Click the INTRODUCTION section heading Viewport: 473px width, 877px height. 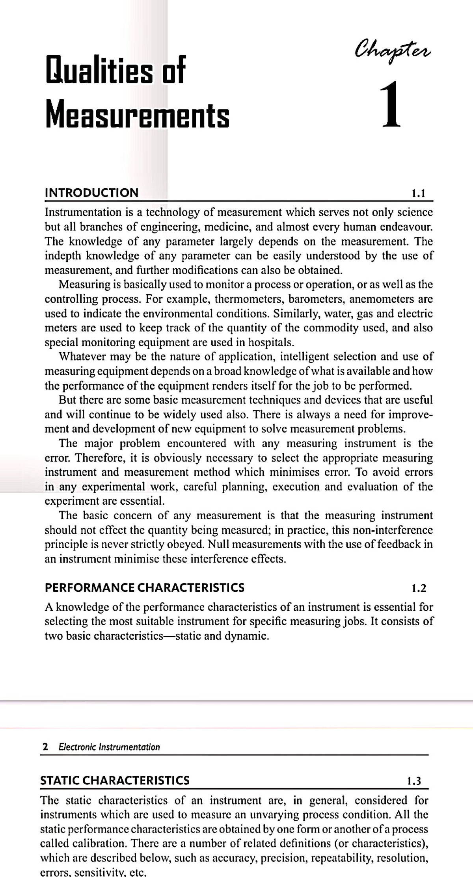point(92,193)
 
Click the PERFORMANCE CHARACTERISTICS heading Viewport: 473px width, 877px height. point(145,588)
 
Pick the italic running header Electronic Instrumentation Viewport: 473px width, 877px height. point(109,747)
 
